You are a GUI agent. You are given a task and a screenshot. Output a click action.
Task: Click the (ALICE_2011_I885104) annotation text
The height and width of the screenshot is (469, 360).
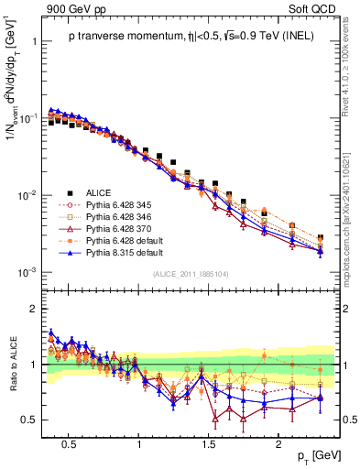coord(191,274)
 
